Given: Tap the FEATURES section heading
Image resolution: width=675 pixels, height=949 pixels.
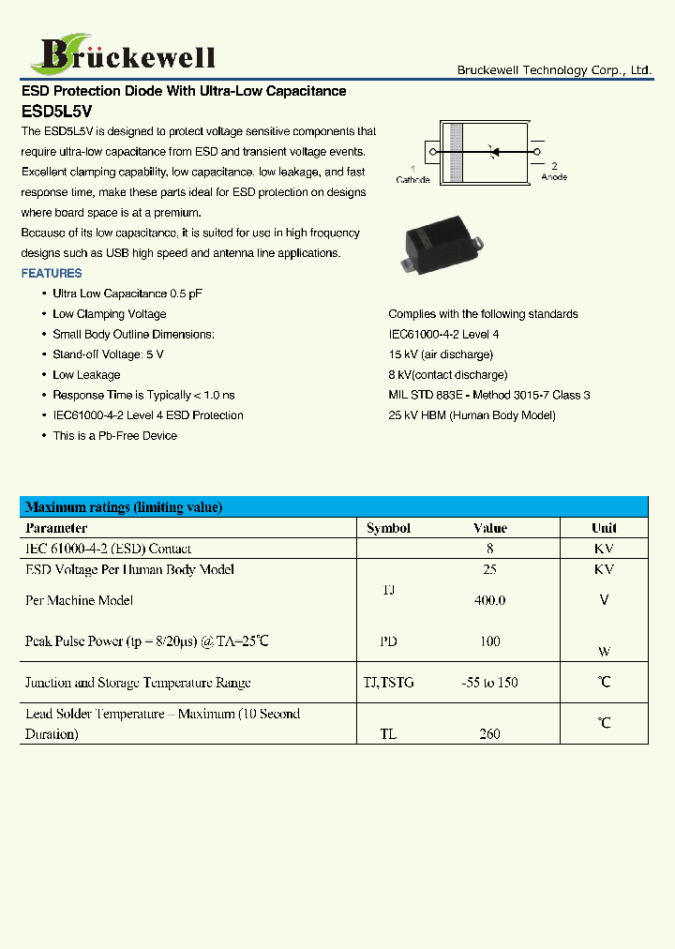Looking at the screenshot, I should click(x=52, y=274).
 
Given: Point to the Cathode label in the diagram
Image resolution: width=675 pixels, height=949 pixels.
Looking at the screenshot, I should click(x=412, y=179).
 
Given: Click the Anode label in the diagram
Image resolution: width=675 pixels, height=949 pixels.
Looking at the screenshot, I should click(x=554, y=176).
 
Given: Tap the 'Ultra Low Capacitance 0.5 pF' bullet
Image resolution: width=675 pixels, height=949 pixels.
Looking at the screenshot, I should click(x=127, y=294).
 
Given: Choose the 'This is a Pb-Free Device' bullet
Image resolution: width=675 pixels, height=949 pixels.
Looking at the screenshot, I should click(x=114, y=436).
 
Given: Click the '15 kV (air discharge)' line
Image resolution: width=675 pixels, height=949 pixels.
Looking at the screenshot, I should click(x=441, y=354).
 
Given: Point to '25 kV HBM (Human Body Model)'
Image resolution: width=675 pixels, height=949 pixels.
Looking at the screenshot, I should click(x=472, y=415).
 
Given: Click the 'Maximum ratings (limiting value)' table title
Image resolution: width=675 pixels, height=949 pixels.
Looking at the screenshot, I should click(x=124, y=507).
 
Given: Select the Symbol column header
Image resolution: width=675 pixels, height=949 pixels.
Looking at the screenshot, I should click(x=388, y=528).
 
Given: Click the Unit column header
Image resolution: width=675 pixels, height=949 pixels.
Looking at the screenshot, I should click(x=604, y=528).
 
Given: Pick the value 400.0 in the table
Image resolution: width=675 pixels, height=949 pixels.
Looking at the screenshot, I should click(x=489, y=600).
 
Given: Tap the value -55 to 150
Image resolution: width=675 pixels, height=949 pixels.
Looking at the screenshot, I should click(x=489, y=683).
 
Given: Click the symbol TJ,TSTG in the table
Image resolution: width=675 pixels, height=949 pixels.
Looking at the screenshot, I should click(x=388, y=683).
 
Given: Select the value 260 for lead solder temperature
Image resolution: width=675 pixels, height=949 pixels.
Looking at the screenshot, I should click(x=489, y=734).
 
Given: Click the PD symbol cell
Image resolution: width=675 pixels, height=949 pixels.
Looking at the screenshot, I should click(x=388, y=641).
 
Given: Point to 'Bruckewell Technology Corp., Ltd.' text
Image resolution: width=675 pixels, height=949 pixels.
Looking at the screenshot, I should click(x=554, y=70).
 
